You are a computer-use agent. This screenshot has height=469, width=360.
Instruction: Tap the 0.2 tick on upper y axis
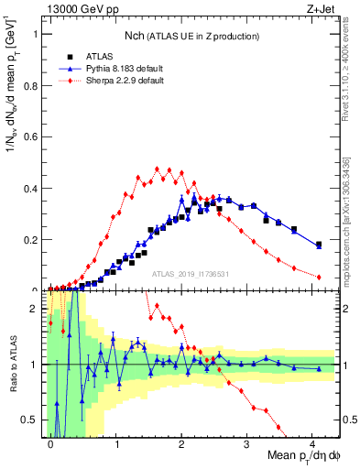(x=34, y=240)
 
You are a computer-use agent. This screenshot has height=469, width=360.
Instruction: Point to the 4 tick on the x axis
(x=312, y=444)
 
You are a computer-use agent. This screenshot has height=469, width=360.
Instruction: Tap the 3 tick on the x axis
(x=247, y=444)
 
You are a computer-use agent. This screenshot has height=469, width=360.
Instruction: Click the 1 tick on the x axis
(x=116, y=444)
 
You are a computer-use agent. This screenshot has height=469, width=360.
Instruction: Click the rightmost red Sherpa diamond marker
(x=319, y=277)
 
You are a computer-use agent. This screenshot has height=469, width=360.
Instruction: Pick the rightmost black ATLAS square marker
(x=319, y=245)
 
